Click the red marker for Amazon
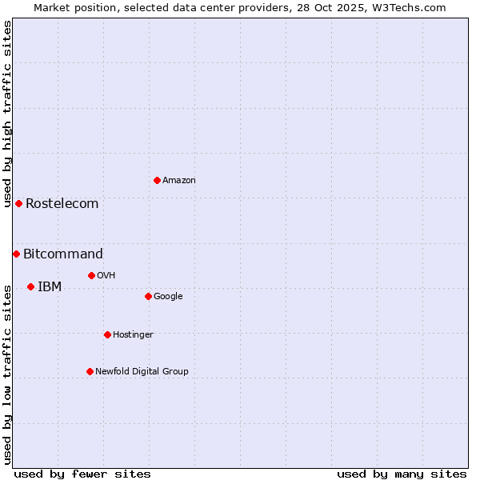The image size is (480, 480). click(157, 180)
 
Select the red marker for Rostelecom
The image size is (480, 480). click(18, 203)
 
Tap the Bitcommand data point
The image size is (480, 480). click(16, 254)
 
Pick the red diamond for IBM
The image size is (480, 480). click(30, 286)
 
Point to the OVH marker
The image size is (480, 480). click(91, 275)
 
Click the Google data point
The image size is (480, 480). click(148, 296)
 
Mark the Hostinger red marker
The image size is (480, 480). click(107, 334)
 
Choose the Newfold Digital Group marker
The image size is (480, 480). click(90, 371)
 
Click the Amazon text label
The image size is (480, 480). click(179, 180)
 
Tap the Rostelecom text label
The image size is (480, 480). click(62, 203)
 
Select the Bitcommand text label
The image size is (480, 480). click(63, 254)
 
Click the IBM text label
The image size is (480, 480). click(50, 286)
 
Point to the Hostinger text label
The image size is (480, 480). click(133, 334)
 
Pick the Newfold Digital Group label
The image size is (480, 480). click(142, 371)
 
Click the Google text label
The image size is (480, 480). click(168, 296)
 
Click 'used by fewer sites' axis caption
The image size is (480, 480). click(82, 474)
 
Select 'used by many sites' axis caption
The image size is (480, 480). click(402, 474)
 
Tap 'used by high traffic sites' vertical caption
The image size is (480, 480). click(7, 114)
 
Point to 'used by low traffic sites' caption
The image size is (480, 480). click(7, 374)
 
